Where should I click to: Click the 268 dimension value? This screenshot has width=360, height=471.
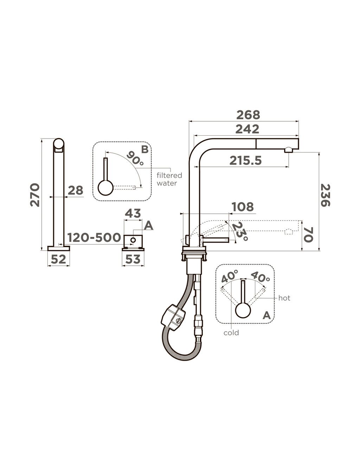pos(248,115)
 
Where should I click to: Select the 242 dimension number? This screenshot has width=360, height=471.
pos(247,129)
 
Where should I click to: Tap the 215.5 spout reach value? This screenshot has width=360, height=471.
pos(246,161)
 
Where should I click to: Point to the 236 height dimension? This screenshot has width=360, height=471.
pos(325,195)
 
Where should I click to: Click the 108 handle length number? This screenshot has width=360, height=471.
pos(243,207)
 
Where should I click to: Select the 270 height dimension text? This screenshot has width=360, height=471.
pos(35,195)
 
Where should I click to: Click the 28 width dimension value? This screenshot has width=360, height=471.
pos(75,190)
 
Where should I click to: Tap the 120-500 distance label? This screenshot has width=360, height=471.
pos(94,237)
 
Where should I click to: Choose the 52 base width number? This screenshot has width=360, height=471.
pos(58,260)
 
